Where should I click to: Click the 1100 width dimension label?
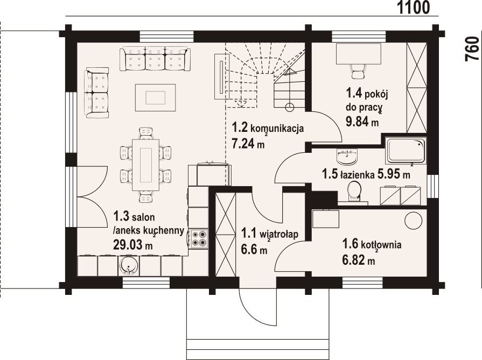tap(414, 8)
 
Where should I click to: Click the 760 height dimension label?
tap(472, 50)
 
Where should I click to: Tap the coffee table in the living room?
tap(155, 97)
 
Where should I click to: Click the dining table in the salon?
tap(145, 165)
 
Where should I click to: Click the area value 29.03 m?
tap(132, 245)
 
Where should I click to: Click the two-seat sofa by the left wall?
tap(97, 93)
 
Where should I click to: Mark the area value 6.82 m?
tap(358, 261)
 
